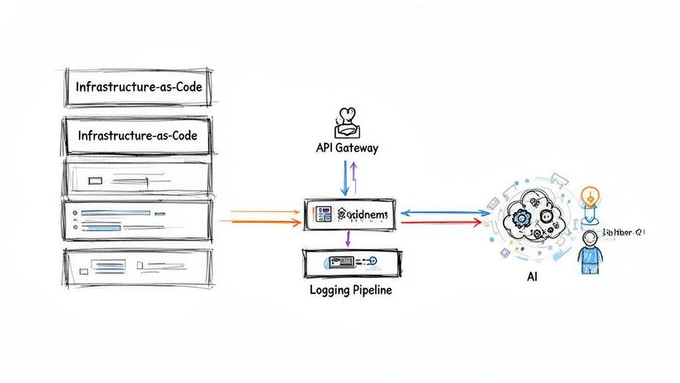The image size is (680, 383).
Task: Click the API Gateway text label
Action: point(347,148)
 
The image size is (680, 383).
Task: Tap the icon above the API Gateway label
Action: point(347,122)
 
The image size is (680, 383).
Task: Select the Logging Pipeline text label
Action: point(351,290)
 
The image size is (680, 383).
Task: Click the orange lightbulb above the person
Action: point(589,196)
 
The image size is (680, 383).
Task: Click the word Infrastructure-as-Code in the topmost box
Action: point(139,87)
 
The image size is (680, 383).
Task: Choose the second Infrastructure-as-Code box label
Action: point(137,135)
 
